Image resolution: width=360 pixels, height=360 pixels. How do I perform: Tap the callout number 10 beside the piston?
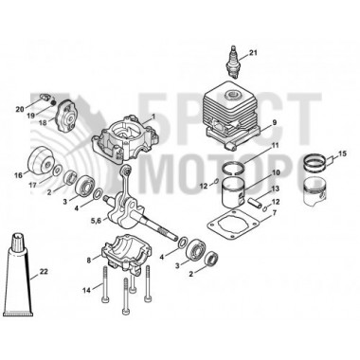click(275, 173)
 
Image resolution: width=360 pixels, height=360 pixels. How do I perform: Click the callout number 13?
click(275, 189)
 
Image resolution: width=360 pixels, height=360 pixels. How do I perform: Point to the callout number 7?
click(275, 214)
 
